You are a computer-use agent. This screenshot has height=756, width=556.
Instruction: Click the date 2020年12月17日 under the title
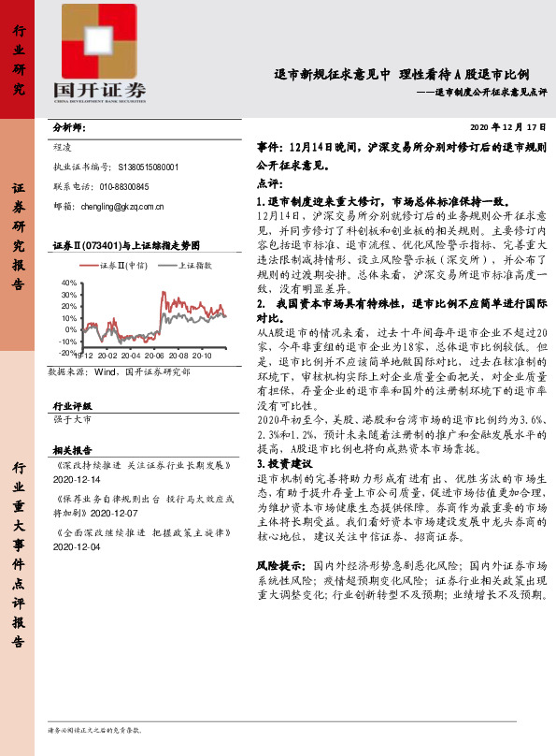point(506,126)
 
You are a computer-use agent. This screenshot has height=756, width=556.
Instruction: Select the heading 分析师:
point(69,127)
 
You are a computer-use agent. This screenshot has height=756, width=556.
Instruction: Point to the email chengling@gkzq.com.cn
point(122,207)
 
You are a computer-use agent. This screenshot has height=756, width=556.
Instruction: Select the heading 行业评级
point(71,406)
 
